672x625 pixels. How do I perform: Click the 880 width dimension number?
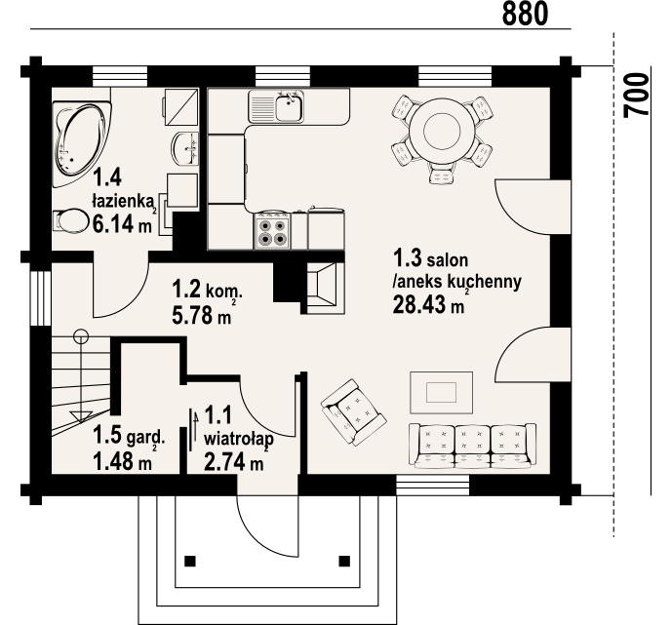pyautogui.click(x=525, y=14)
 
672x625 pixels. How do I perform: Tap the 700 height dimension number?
pyautogui.click(x=637, y=96)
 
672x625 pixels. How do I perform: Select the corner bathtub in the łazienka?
pyautogui.click(x=82, y=144)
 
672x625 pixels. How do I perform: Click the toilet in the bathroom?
pyautogui.click(x=68, y=220)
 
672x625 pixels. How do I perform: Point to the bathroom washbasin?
pyautogui.click(x=185, y=148)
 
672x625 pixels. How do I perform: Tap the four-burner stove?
pyautogui.click(x=272, y=231)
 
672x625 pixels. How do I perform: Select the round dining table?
pyautogui.click(x=442, y=130)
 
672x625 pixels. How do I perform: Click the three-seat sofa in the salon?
pyautogui.click(x=472, y=446)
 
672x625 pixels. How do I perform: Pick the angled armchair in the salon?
pyautogui.click(x=354, y=412)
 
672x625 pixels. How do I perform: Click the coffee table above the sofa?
pyautogui.click(x=442, y=393)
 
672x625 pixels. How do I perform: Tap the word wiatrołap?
pyautogui.click(x=239, y=440)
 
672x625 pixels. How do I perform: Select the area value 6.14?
pyautogui.click(x=113, y=223)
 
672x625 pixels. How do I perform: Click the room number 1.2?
pyautogui.click(x=186, y=289)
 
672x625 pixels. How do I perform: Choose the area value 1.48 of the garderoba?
pyautogui.click(x=113, y=462)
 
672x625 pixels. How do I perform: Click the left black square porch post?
pyautogui.click(x=190, y=561)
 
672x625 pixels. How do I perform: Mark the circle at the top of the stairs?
pyautogui.click(x=81, y=336)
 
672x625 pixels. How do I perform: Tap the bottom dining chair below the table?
pyautogui.click(x=442, y=176)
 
